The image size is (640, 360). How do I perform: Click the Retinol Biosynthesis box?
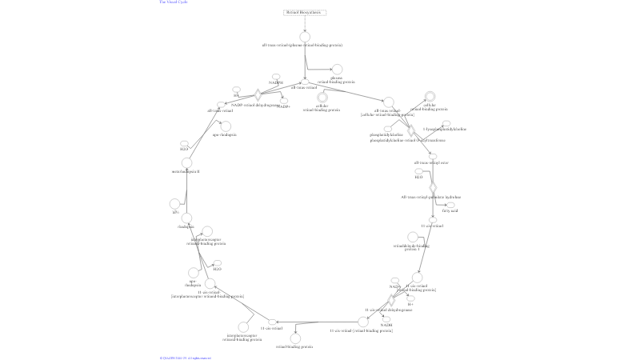point(304,13)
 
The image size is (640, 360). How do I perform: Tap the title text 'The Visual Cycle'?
point(174,2)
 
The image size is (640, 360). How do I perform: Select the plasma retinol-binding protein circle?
point(337,70)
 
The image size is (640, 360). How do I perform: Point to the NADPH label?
point(276,82)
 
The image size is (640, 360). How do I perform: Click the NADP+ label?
point(284,106)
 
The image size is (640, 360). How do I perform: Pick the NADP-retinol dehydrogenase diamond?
point(258,95)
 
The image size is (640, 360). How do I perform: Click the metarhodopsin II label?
point(185,171)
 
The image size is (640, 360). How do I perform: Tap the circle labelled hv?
point(175,204)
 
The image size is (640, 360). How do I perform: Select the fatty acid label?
point(450,211)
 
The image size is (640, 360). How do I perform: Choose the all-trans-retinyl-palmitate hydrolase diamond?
point(433,187)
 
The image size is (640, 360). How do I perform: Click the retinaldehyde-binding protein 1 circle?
point(412,237)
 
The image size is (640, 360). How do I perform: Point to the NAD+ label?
point(394,286)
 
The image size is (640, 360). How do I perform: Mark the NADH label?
point(386,325)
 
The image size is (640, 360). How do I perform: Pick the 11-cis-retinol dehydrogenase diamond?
point(391,301)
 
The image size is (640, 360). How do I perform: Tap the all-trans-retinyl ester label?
point(431,162)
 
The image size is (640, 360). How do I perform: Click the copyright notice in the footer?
point(185,358)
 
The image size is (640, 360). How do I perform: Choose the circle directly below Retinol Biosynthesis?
point(304,36)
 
